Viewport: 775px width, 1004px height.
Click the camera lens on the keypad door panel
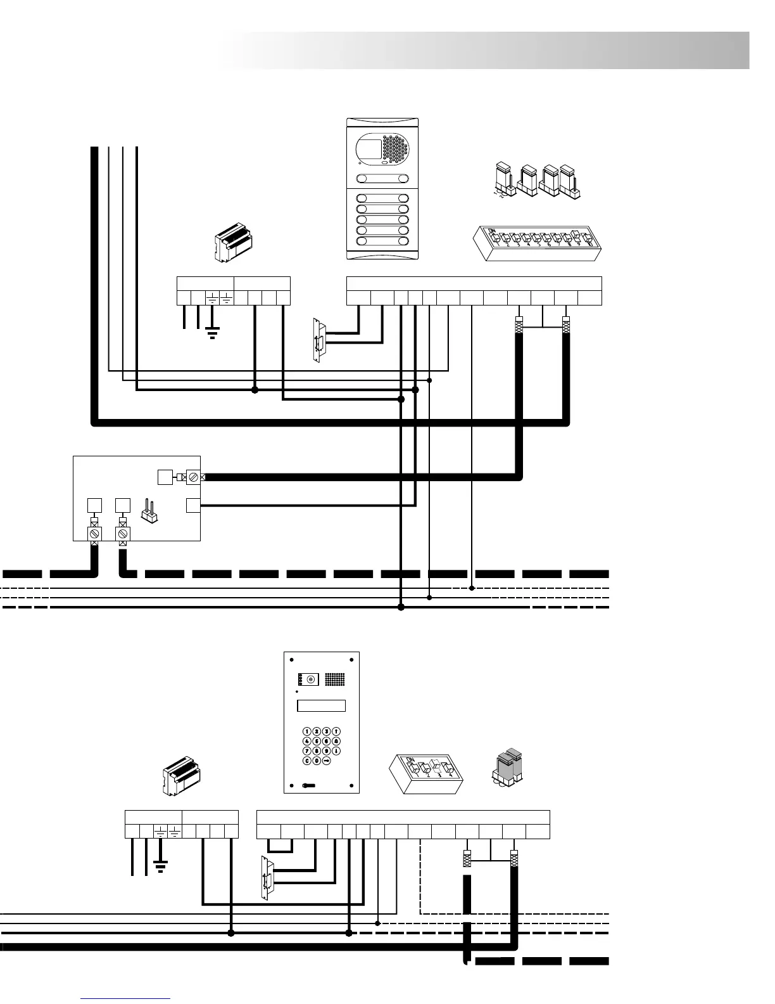tap(310, 679)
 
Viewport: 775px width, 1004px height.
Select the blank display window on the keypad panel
tap(321, 705)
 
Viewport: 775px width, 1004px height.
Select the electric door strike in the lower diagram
tap(268, 877)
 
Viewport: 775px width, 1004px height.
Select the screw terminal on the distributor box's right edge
tap(193, 477)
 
